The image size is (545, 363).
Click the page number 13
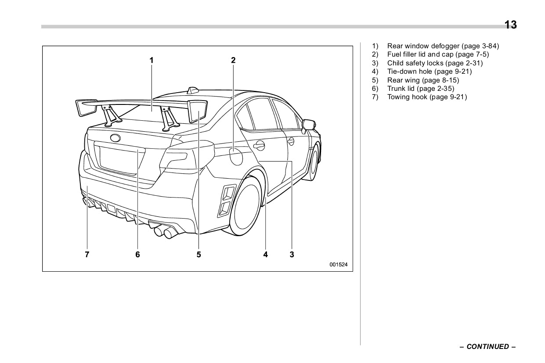click(510, 25)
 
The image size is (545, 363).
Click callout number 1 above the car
click(152, 60)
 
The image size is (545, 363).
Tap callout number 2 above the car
click(233, 60)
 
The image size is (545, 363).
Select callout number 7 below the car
click(87, 254)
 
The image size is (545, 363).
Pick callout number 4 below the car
click(266, 254)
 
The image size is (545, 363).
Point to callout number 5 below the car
click(199, 254)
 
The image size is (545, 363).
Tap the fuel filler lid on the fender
click(236, 157)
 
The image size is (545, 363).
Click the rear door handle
click(259, 145)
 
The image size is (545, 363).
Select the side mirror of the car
click(309, 125)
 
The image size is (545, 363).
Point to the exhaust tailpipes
click(164, 231)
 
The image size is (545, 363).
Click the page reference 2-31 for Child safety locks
click(472, 63)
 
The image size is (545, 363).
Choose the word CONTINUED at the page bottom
click(487, 347)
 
